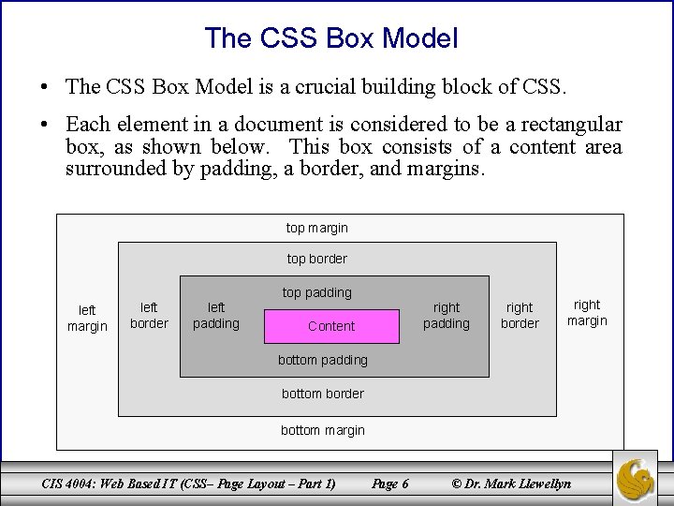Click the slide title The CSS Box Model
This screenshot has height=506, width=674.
point(331,38)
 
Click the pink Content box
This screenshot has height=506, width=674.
point(331,326)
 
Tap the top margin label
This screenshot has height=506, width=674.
point(316,228)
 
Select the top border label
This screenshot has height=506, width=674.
point(316,259)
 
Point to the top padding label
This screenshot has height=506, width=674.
point(316,292)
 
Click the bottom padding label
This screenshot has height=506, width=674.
point(323,360)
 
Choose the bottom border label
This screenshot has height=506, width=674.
point(323,394)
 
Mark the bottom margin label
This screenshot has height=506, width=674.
point(323,431)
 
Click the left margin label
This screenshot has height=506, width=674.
point(87,318)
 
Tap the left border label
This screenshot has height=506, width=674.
point(149,315)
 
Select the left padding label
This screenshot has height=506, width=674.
point(215,315)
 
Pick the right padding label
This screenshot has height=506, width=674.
point(447,315)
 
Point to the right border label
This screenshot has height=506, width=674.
point(520,315)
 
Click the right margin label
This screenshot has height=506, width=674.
point(587,312)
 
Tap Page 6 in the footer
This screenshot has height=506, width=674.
point(389,484)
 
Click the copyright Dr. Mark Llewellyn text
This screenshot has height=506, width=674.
point(511,484)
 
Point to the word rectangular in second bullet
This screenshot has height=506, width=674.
point(570,125)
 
